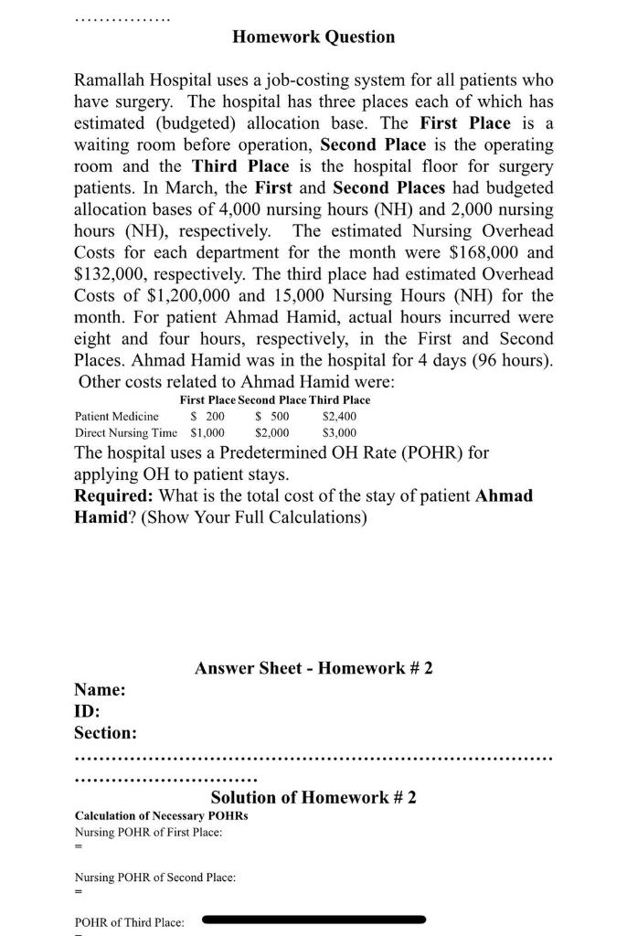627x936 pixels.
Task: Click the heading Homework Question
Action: point(313,37)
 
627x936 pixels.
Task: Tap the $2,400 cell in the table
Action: point(340,416)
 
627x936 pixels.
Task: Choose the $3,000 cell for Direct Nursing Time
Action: point(340,433)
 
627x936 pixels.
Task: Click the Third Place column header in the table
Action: point(340,399)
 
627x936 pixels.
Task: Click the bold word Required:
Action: point(114,495)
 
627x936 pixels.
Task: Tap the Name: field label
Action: point(100,690)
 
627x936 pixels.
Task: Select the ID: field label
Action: point(87,711)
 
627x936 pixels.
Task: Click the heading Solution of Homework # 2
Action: point(313,797)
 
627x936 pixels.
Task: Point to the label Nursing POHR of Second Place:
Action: point(154,877)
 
